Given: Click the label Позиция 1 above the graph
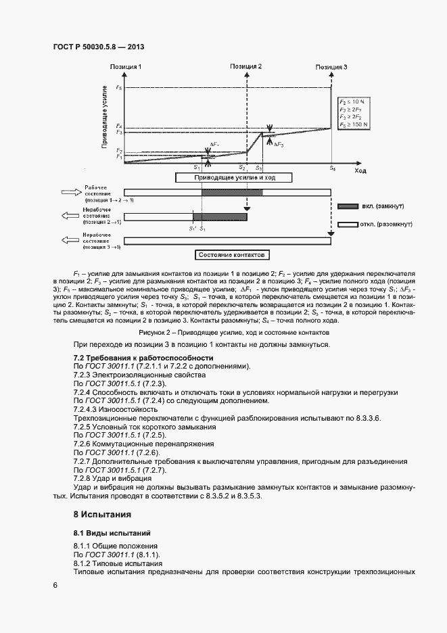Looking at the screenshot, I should point(126,67).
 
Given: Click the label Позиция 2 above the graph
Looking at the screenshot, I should point(246,67).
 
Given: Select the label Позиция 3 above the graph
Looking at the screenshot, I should point(332,67).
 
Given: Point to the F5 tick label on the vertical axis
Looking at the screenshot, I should point(119,88).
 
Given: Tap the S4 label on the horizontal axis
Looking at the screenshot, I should point(332,166).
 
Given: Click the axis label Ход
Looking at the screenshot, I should point(360,172).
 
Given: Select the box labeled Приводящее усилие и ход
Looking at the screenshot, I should point(234,178).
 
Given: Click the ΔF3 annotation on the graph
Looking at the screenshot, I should point(279,145).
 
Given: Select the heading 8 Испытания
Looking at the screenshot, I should point(101,515).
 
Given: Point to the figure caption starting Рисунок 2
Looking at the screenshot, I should point(233,333).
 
